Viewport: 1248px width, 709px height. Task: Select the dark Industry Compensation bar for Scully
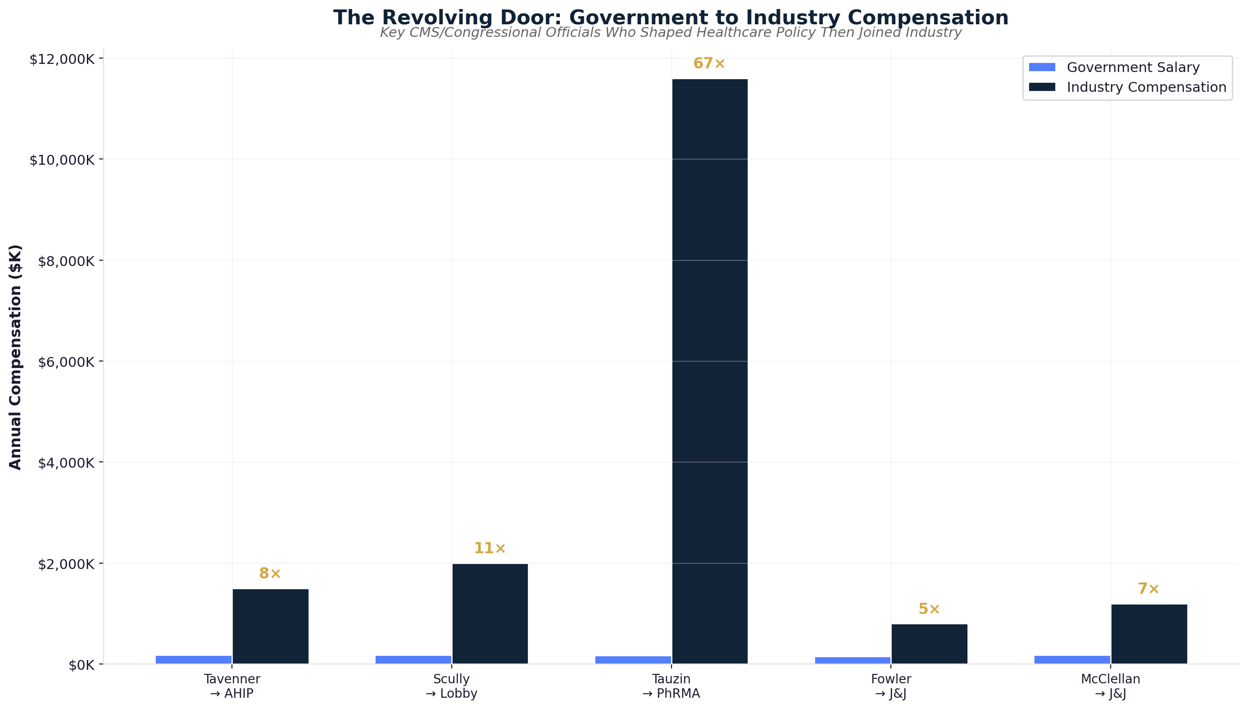pyautogui.click(x=490, y=614)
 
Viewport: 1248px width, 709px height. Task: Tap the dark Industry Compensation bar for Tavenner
pyautogui.click(x=270, y=626)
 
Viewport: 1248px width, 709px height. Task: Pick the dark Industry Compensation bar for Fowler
pyautogui.click(x=929, y=644)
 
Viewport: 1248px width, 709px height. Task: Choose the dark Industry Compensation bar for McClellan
pyautogui.click(x=1148, y=633)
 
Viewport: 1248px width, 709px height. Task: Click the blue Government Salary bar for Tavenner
pyautogui.click(x=193, y=659)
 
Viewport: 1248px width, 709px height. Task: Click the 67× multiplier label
pyautogui.click(x=709, y=64)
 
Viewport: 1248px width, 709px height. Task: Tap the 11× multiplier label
pyautogui.click(x=490, y=548)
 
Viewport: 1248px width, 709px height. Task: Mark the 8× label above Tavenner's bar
pyautogui.click(x=270, y=574)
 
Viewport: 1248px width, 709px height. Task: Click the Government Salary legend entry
pyautogui.click(x=1133, y=67)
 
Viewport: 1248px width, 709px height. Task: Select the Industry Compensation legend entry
pyautogui.click(x=1146, y=87)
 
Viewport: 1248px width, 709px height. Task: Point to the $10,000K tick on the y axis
pyautogui.click(x=62, y=160)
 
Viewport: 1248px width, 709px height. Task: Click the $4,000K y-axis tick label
pyautogui.click(x=66, y=463)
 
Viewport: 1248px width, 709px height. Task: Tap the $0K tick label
pyautogui.click(x=82, y=665)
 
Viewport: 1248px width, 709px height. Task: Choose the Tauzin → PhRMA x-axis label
pyautogui.click(x=671, y=686)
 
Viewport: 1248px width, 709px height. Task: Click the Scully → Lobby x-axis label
pyautogui.click(x=451, y=686)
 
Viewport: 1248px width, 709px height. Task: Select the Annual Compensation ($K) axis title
pyautogui.click(x=16, y=357)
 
